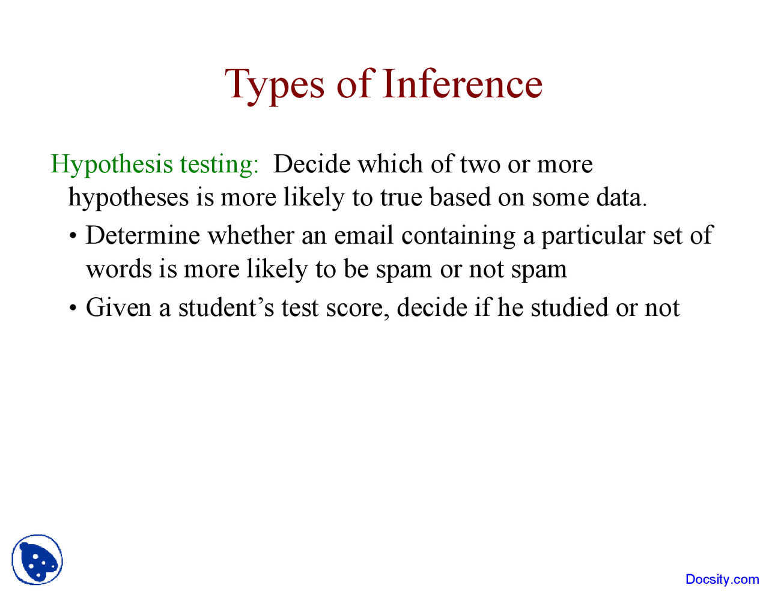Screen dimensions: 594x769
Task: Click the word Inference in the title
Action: click(462, 83)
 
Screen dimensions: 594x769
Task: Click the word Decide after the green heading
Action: click(311, 164)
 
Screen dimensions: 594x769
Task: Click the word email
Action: click(363, 235)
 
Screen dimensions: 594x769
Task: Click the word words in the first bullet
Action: click(118, 268)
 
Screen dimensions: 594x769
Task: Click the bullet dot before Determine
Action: click(73, 236)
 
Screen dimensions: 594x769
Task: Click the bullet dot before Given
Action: click(73, 309)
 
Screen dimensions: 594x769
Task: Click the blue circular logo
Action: click(37, 560)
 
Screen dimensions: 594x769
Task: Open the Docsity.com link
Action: click(722, 579)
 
